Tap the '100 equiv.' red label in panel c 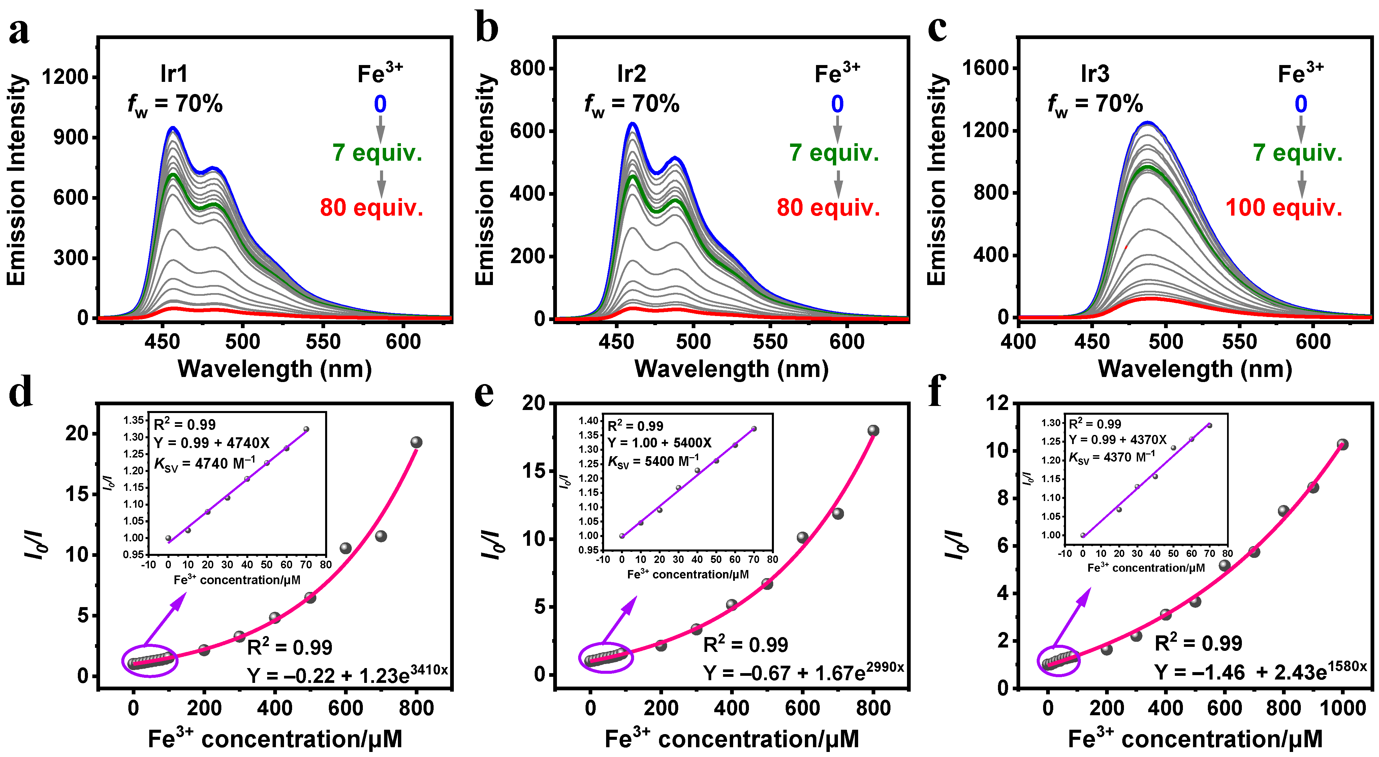(1284, 208)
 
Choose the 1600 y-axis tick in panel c (985, 68)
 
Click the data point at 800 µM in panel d (416, 442)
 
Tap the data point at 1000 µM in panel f (1342, 444)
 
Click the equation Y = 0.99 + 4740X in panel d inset (212, 443)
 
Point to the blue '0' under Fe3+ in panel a (380, 104)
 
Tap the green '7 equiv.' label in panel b (834, 153)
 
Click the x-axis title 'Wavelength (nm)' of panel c (1195, 369)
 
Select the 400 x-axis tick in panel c (1018, 342)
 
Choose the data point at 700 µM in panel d (381, 536)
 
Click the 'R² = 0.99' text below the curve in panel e (745, 644)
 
